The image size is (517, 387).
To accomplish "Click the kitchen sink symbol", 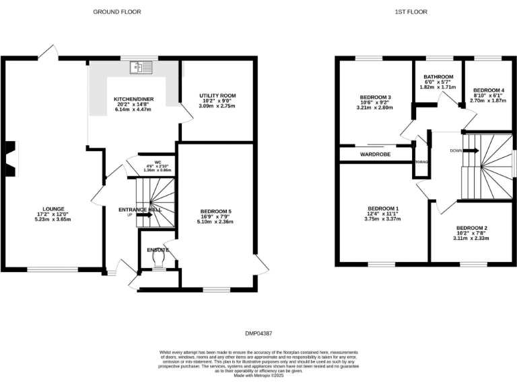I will point(142,67).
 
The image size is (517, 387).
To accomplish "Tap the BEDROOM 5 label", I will point(217,216).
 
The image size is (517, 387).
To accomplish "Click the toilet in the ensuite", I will point(159,264).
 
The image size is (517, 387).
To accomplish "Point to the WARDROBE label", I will point(376,153).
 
